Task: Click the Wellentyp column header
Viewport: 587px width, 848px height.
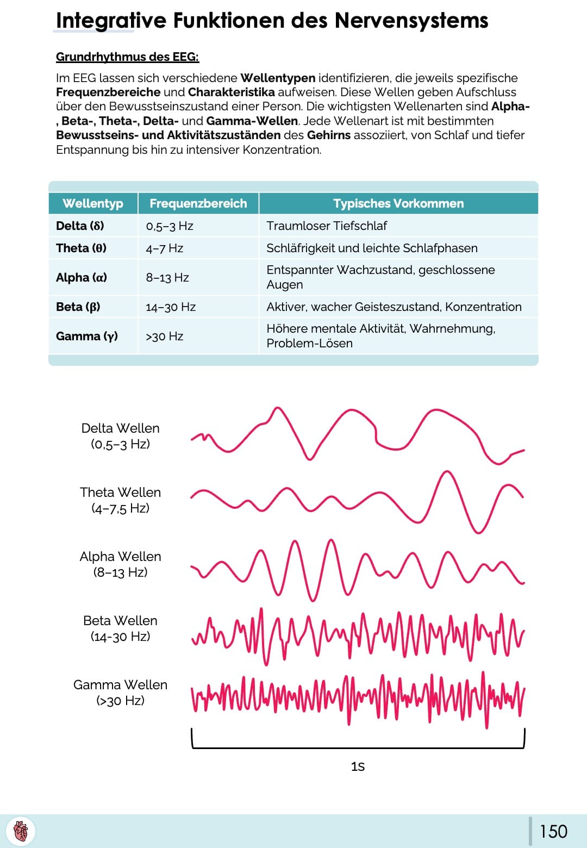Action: (x=93, y=203)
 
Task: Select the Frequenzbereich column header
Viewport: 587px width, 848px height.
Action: (x=198, y=203)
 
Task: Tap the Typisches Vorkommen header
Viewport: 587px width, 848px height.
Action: (x=398, y=203)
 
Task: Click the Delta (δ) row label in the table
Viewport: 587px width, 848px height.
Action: (x=80, y=226)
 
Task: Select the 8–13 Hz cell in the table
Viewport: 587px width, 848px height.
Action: (x=167, y=277)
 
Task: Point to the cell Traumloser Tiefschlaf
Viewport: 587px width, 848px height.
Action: (x=327, y=226)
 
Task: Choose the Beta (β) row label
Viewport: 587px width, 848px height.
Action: (x=78, y=307)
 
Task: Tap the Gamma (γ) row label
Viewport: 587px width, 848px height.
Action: (x=87, y=336)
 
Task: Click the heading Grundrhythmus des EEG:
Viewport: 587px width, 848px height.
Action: (x=127, y=57)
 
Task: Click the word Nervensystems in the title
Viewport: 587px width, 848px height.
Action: (x=411, y=21)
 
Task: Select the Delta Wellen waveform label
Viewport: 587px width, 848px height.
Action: (x=120, y=436)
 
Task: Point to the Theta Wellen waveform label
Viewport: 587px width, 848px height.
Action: (x=120, y=500)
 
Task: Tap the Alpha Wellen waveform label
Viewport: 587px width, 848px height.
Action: (x=120, y=564)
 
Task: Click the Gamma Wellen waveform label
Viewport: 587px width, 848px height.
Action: (x=120, y=693)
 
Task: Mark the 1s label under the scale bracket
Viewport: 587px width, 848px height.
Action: (x=358, y=766)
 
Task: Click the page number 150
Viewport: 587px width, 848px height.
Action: (x=553, y=831)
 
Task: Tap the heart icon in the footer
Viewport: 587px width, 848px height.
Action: (x=21, y=831)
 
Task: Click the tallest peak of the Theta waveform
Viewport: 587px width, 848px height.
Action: (x=447, y=472)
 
